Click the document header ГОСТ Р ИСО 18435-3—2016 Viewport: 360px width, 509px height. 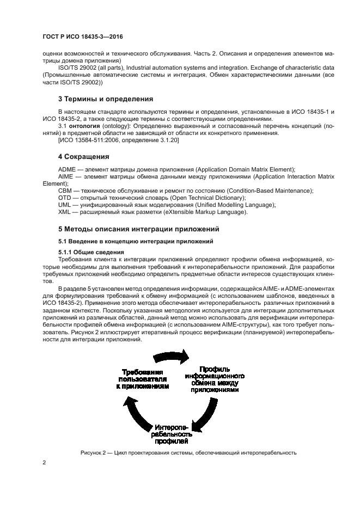click(82, 38)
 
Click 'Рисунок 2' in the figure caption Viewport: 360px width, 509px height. click(95, 452)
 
